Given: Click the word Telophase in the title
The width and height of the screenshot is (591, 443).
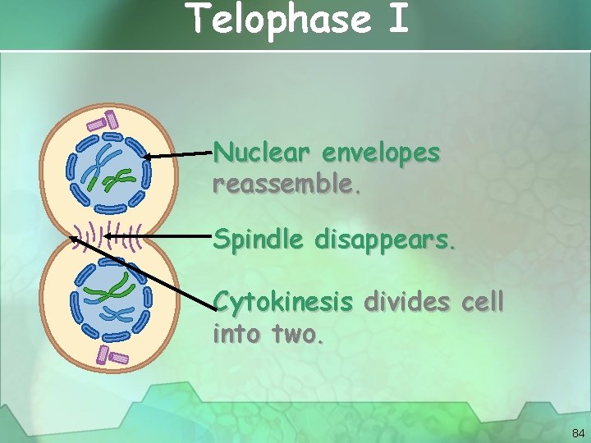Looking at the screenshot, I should point(278,19).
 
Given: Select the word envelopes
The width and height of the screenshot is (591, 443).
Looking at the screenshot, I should point(382,153).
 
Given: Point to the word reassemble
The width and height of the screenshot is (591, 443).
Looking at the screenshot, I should point(286,184).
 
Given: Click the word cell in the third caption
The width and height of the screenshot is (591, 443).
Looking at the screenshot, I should point(483,303).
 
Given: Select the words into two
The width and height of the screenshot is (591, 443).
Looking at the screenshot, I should point(268,334).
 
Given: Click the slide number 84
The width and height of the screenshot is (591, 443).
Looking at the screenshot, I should point(577,432).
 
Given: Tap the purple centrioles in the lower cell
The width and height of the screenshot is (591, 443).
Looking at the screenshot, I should point(112,355).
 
